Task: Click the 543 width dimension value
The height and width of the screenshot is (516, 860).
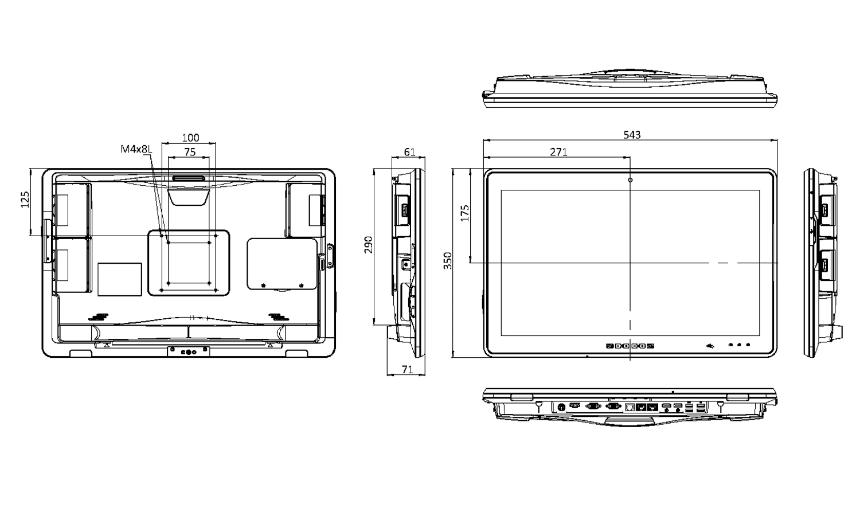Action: pos(632,135)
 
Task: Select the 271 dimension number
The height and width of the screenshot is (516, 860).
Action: pos(558,152)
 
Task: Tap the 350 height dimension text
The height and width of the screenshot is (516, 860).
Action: pos(448,260)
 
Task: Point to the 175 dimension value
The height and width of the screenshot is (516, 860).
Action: pos(465,213)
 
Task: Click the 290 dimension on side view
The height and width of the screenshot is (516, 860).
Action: pos(369,244)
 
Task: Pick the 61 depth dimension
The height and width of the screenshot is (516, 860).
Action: pos(409,152)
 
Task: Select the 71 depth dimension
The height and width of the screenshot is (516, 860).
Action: pos(407,370)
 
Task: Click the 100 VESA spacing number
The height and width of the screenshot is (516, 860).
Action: pos(190,138)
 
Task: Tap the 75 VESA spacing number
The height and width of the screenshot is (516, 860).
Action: pos(189,152)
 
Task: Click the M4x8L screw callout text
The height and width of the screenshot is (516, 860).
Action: pos(136,149)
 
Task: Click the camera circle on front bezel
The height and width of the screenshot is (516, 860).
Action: pos(631,180)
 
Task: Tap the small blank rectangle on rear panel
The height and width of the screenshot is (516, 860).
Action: pos(120,279)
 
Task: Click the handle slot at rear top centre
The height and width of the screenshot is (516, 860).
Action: pos(188,178)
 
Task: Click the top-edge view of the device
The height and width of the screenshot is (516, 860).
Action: pos(630,90)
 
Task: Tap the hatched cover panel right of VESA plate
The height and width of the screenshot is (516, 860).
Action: pos(282,264)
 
